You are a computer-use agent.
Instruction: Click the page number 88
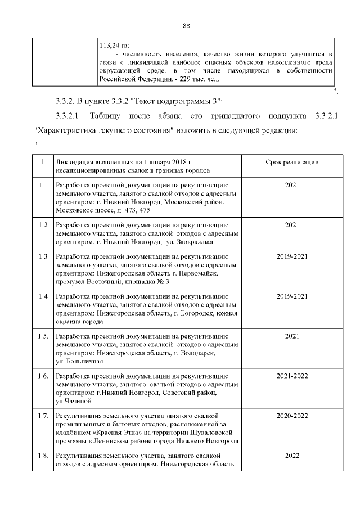(187, 26)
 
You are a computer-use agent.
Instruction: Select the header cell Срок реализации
(292, 162)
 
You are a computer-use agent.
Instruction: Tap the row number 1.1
(43, 184)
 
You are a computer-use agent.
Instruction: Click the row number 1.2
(43, 225)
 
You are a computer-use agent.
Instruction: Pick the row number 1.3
(43, 256)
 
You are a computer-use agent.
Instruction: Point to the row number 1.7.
(43, 416)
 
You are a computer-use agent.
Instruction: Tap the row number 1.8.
(43, 455)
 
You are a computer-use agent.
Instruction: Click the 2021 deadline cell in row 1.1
(292, 184)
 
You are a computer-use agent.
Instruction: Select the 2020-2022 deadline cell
(292, 416)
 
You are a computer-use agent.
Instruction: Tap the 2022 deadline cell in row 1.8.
(292, 455)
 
